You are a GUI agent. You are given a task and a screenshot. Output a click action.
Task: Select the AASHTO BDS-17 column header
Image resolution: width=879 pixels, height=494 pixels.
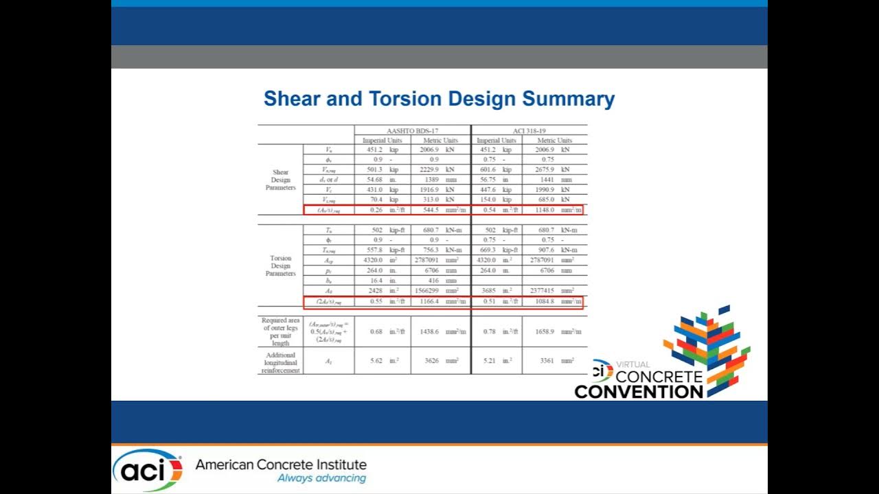[412, 130]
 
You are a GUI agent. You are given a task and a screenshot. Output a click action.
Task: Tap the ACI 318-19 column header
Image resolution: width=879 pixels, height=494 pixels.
[529, 130]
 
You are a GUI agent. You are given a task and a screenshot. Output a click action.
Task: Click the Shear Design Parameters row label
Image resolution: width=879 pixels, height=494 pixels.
[280, 180]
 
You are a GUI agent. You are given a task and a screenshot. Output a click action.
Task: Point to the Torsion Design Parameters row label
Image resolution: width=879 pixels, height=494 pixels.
[280, 266]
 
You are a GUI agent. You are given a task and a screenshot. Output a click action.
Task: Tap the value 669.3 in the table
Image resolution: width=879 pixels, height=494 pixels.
[486, 250]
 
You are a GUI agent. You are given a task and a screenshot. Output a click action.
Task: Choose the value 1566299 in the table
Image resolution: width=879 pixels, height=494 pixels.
[430, 291]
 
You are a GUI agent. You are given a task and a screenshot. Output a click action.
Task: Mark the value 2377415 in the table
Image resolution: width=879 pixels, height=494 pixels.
[545, 291]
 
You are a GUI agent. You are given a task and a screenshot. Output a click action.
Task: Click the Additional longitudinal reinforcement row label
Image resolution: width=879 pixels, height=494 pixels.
[280, 363]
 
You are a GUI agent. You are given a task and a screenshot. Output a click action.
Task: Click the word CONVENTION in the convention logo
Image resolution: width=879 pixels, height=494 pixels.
[639, 392]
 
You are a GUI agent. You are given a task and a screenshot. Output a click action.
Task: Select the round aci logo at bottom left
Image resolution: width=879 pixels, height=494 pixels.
[147, 470]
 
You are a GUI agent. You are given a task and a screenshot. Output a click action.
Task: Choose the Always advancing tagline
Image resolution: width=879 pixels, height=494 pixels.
[321, 478]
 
